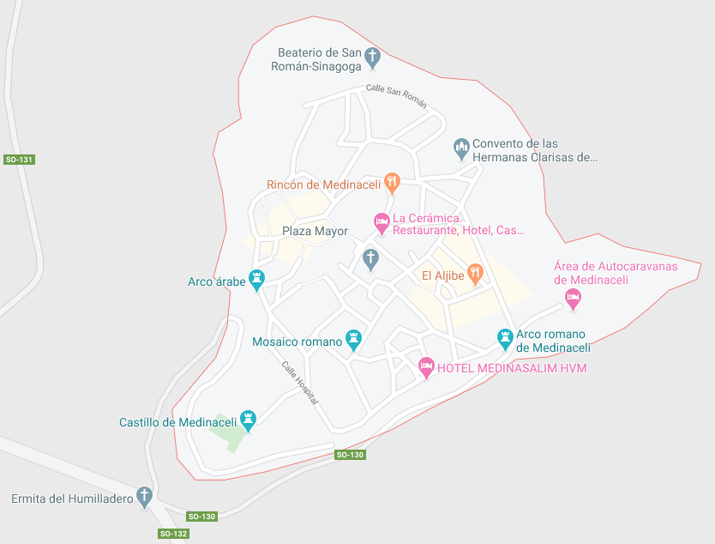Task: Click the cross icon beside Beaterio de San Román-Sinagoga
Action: (372, 57)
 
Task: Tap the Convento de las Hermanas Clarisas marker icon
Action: (461, 148)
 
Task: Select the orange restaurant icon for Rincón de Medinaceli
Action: (393, 182)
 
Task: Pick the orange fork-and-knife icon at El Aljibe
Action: (476, 274)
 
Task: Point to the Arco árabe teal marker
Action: (257, 280)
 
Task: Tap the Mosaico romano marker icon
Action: (353, 340)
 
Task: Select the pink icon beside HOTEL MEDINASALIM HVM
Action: (426, 367)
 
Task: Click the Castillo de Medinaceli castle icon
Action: (249, 420)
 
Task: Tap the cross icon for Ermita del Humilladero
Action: (145, 497)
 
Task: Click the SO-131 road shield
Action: (19, 160)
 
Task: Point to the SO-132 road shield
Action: (173, 534)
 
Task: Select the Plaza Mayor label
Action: (315, 232)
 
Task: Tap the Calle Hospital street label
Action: (300, 382)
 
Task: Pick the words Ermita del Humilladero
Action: (71, 499)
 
